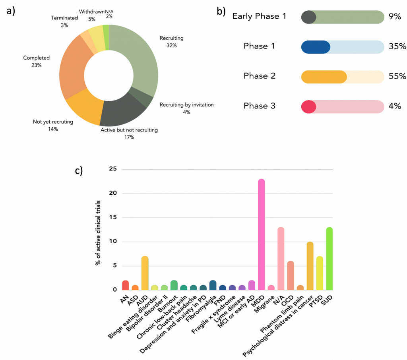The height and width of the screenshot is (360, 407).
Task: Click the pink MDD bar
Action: click(262, 234)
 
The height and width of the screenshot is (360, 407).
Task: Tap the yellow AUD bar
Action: click(145, 273)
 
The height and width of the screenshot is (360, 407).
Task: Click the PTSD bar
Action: click(320, 273)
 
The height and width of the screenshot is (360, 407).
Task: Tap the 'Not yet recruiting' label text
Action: click(53, 122)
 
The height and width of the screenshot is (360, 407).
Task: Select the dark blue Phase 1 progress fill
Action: click(316, 46)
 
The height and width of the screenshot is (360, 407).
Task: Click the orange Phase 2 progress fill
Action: click(324, 77)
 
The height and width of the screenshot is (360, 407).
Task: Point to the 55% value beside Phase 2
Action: click(397, 76)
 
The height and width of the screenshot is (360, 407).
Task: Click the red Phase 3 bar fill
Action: click(308, 106)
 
